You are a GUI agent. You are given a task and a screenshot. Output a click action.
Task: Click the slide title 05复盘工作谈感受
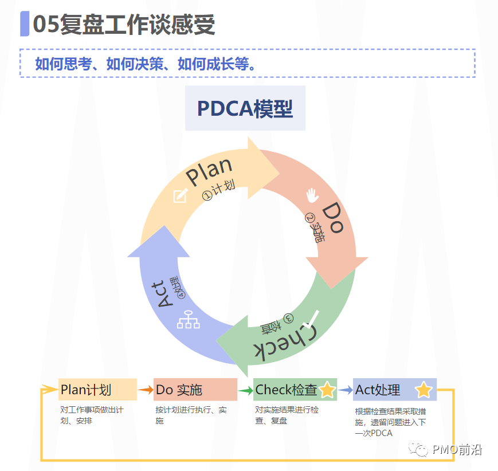(x=124, y=25)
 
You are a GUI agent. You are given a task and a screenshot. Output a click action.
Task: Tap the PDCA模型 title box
(x=245, y=108)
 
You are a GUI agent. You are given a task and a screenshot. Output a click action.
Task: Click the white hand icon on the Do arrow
(x=312, y=195)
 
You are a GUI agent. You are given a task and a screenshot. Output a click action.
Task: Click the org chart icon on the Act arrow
(x=188, y=319)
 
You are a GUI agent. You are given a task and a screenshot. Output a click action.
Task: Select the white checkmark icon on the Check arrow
(x=313, y=316)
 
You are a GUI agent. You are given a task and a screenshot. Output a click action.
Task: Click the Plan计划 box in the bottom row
(x=97, y=390)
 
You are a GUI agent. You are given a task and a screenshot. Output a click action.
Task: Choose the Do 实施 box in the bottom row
(x=195, y=390)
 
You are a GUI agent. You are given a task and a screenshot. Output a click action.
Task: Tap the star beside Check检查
(x=327, y=390)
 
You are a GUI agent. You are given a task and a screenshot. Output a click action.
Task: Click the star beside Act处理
(x=424, y=390)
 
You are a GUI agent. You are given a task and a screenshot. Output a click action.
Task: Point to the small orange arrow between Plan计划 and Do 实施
(x=146, y=390)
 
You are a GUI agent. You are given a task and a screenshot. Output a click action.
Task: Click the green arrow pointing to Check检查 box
(x=246, y=391)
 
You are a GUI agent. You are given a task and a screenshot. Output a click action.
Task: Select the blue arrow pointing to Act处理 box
(x=345, y=390)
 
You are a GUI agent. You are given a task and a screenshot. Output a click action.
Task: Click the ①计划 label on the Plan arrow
(x=219, y=191)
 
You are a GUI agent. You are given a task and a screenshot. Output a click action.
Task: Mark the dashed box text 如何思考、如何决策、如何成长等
(x=145, y=64)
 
